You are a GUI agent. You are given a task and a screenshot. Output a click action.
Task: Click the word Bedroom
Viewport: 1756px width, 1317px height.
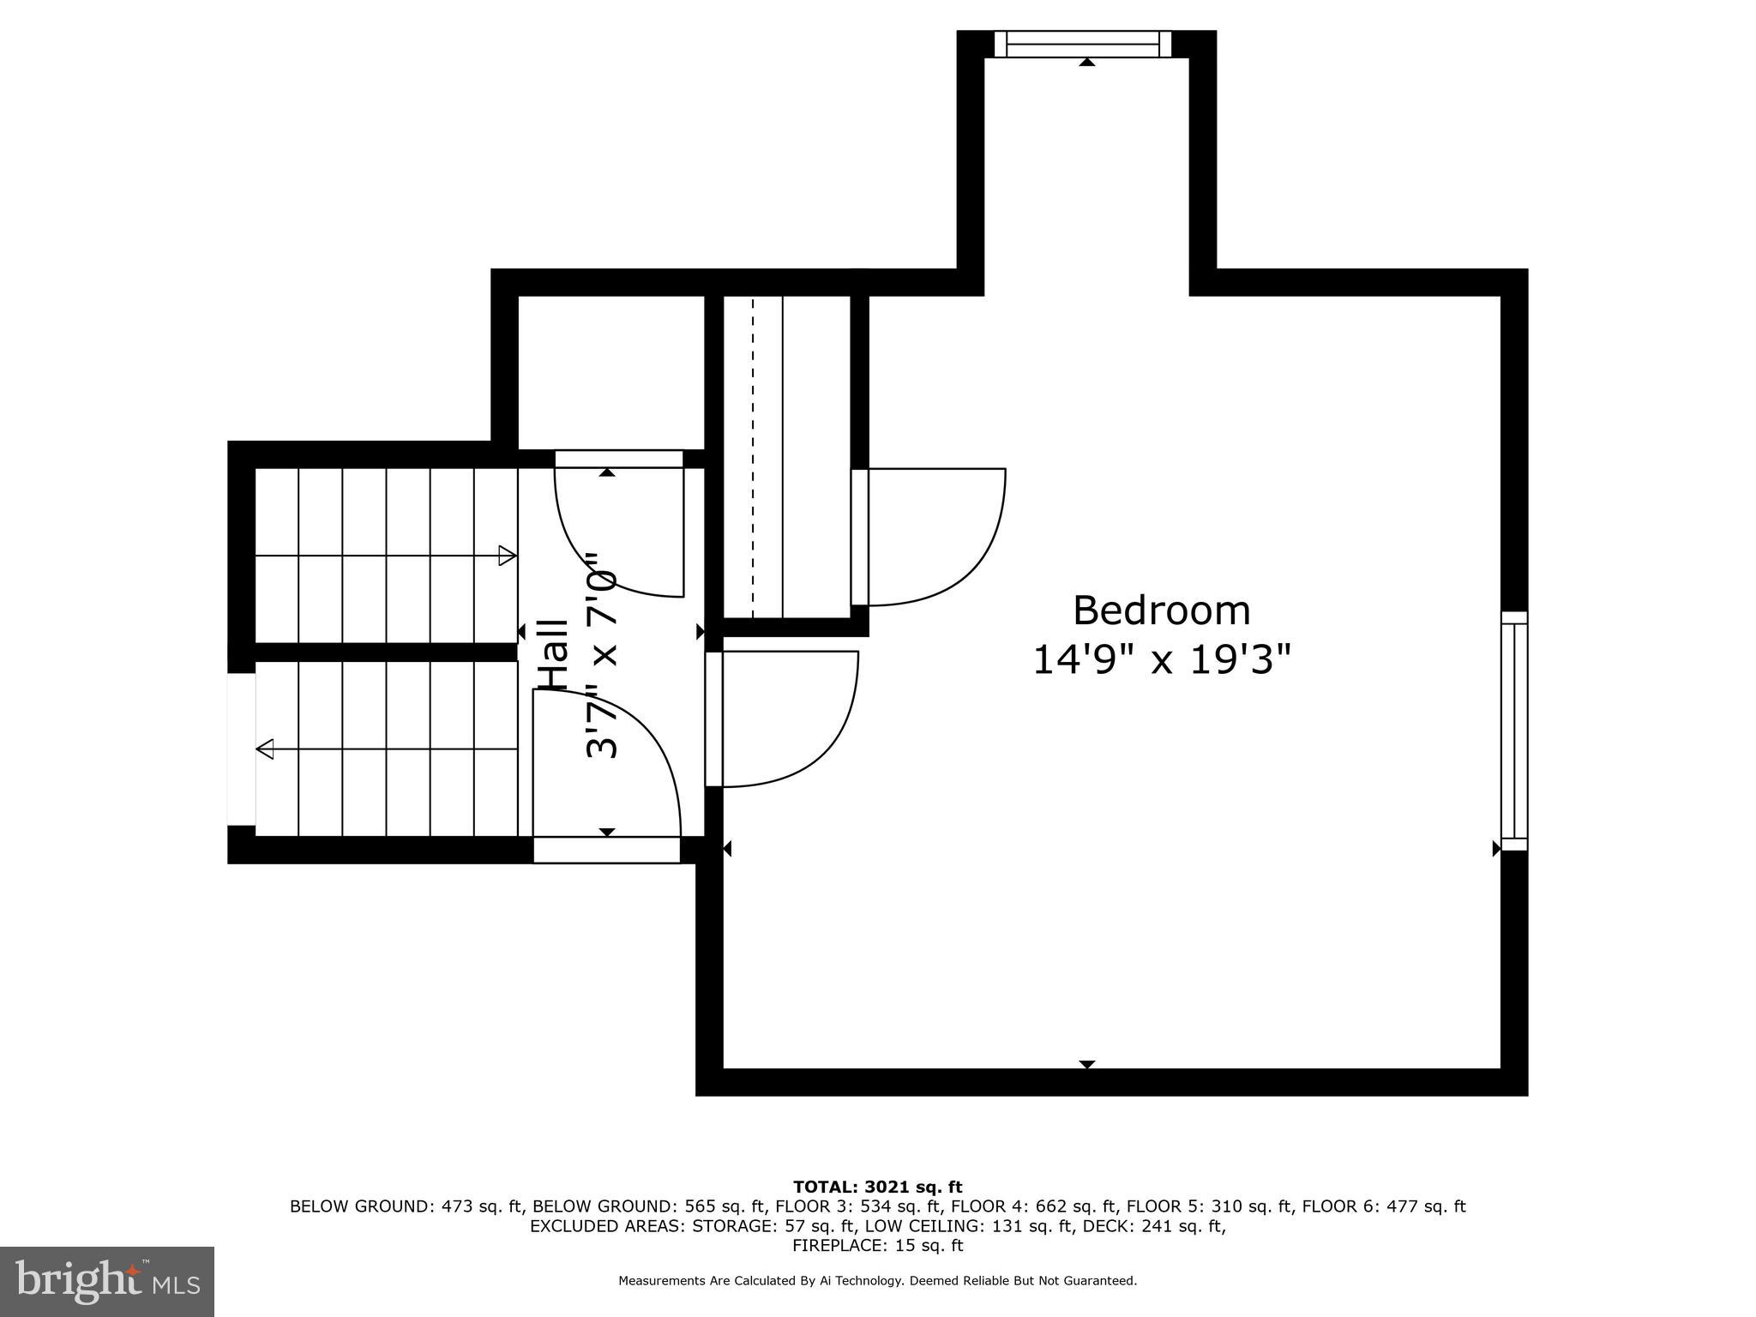pyautogui.click(x=1161, y=611)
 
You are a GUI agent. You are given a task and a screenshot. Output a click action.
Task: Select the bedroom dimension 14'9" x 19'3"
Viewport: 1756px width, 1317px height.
pyautogui.click(x=1161, y=660)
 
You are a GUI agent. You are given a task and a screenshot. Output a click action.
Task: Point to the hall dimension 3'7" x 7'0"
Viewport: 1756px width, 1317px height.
pyautogui.click(x=602, y=655)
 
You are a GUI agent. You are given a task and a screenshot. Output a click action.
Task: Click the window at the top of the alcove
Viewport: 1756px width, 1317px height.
pyautogui.click(x=1086, y=44)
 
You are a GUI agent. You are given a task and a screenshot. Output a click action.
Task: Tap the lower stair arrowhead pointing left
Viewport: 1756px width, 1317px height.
pyautogui.click(x=266, y=749)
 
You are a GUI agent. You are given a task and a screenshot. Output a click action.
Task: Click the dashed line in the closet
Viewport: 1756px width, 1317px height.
pyautogui.click(x=753, y=454)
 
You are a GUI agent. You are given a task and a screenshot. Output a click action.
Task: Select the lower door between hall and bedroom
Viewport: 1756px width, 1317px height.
pyautogui.click(x=785, y=719)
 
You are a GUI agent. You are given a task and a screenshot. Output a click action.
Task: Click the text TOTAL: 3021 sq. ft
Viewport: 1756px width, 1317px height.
pyautogui.click(x=877, y=1187)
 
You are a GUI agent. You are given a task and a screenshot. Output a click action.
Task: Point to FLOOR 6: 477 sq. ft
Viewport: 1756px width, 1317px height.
pyautogui.click(x=1383, y=1206)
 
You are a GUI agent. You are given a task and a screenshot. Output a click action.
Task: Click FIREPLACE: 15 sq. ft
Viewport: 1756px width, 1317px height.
pyautogui.click(x=877, y=1246)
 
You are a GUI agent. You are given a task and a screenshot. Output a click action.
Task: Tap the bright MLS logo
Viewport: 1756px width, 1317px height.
pyautogui.click(x=107, y=1281)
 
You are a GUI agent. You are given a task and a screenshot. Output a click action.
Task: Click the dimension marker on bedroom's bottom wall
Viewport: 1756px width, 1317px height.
pyautogui.click(x=1086, y=1064)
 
